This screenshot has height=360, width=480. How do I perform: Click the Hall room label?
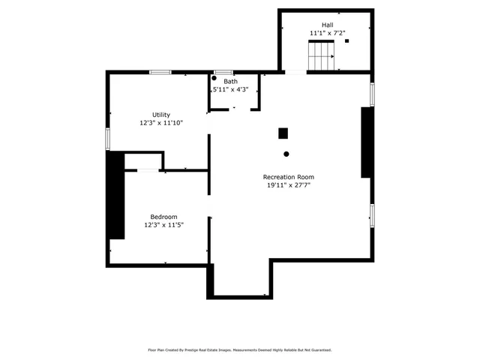pyautogui.click(x=328, y=25)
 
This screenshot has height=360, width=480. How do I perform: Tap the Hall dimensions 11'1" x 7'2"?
pyautogui.click(x=327, y=34)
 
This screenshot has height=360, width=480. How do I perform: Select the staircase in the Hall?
pyautogui.click(x=322, y=53)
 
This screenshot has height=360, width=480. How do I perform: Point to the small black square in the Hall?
pyautogui.click(x=346, y=41)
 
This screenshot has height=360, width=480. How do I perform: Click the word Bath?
pyautogui.click(x=230, y=81)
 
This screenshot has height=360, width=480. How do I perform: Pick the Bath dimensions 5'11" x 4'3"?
pyautogui.click(x=231, y=90)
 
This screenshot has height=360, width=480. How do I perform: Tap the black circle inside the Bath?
pyautogui.click(x=214, y=78)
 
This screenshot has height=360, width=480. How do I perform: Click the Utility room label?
pyautogui.click(x=161, y=115)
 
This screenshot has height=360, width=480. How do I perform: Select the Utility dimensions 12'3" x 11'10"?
pyautogui.click(x=161, y=123)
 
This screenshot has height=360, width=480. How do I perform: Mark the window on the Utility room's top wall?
pyautogui.click(x=160, y=72)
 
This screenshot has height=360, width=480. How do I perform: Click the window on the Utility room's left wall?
pyautogui.click(x=108, y=139)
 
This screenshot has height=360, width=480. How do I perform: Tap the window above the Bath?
pyautogui.click(x=223, y=72)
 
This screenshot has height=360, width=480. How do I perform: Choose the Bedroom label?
pyautogui.click(x=163, y=217)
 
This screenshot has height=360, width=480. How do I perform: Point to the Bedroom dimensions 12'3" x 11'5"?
pyautogui.click(x=163, y=225)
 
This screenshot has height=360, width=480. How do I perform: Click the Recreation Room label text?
pyautogui.click(x=288, y=177)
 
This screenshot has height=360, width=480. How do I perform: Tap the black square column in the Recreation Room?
pyautogui.click(x=283, y=133)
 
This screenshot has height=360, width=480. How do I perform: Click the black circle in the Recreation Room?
pyautogui.click(x=286, y=154)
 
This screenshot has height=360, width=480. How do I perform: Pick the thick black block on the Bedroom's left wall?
pyautogui.click(x=115, y=195)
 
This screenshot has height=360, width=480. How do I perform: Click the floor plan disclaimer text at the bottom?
pyautogui.click(x=240, y=349)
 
